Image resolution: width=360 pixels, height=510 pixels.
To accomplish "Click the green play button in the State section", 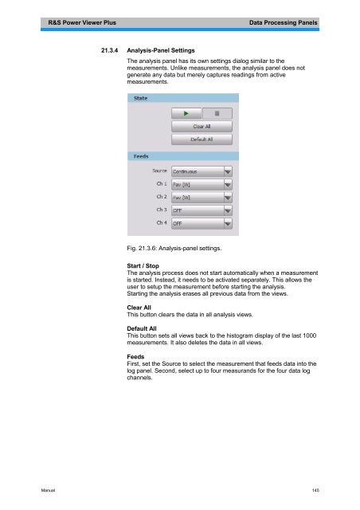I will pyautogui.click(x=186, y=113).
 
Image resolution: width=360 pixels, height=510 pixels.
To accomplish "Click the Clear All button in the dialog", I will pyautogui.click(x=201, y=126).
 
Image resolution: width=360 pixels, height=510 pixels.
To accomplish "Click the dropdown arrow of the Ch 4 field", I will pyautogui.click(x=228, y=224).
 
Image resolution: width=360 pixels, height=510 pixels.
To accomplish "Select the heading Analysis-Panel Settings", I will pyautogui.click(x=166, y=50).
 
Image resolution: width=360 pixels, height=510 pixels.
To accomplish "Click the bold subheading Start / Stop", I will pyautogui.click(x=143, y=266).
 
